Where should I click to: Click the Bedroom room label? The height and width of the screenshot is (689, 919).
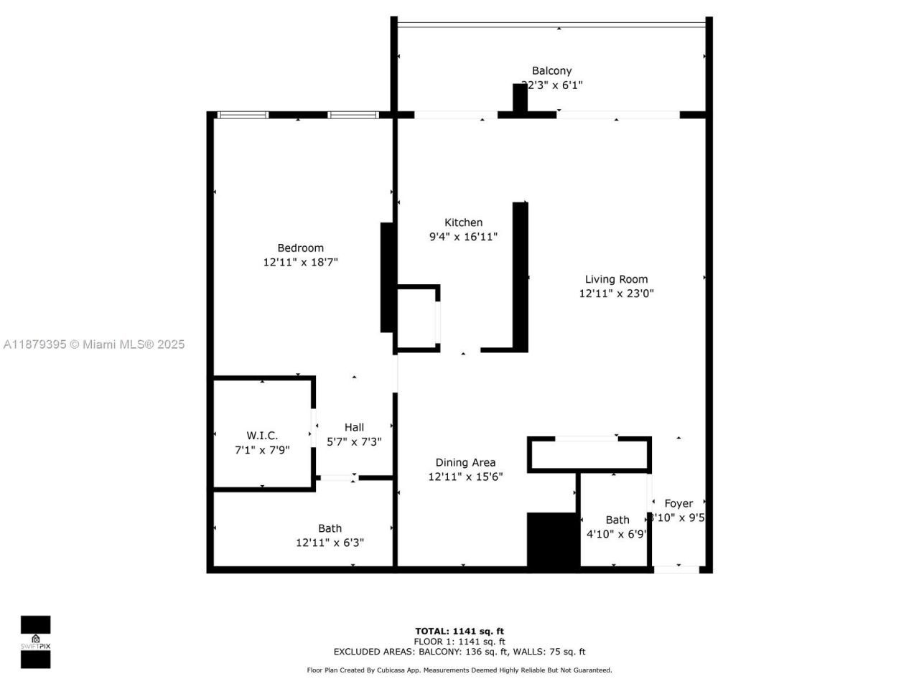(300, 248)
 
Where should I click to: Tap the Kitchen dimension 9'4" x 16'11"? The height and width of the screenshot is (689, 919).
(463, 237)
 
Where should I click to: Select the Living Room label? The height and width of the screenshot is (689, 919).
(616, 279)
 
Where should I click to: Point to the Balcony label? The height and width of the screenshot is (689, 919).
(551, 70)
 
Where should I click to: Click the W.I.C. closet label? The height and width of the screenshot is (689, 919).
(262, 436)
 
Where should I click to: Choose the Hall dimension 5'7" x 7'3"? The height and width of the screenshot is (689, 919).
(354, 442)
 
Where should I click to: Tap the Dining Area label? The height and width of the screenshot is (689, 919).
(465, 463)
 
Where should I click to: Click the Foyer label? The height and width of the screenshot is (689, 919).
(678, 504)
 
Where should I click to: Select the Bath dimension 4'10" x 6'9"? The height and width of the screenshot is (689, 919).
(617, 534)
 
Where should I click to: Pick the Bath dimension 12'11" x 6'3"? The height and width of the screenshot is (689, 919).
(330, 543)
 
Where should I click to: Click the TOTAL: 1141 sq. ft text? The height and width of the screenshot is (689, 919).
(459, 632)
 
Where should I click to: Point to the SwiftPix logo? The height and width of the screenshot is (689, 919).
(35, 642)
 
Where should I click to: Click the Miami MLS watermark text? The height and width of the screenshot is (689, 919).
(94, 344)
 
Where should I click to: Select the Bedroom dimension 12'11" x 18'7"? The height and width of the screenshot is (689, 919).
(300, 263)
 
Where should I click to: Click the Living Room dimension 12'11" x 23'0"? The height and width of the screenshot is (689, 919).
(616, 294)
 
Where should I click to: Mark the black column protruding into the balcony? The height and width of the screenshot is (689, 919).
(520, 98)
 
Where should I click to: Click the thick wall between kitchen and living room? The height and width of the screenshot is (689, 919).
(521, 276)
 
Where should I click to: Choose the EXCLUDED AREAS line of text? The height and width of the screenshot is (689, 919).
(459, 652)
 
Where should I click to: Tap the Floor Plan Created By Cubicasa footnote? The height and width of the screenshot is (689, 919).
(459, 670)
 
